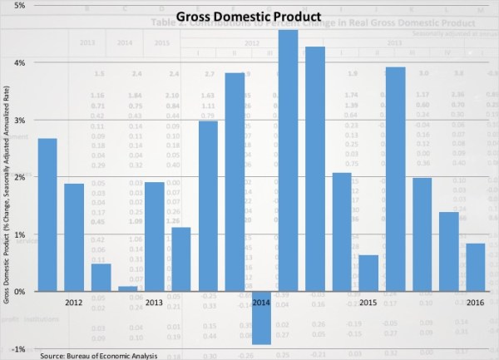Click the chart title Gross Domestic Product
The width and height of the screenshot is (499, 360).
coord(249,17)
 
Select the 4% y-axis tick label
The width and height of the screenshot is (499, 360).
coord(17,62)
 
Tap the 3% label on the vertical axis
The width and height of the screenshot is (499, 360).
coord(17,120)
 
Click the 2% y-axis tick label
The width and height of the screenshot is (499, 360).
coord(17,177)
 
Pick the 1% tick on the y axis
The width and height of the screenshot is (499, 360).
coord(17,234)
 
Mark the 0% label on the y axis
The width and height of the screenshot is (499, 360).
coord(17,292)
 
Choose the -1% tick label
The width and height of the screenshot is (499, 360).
coord(17,349)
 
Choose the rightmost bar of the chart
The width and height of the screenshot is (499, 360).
coord(476,267)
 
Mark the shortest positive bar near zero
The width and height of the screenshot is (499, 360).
coord(128,288)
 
